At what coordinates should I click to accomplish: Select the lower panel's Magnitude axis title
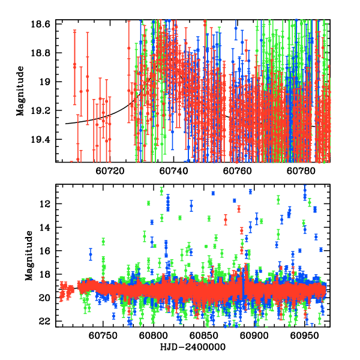pyautogui.click(x=28, y=256)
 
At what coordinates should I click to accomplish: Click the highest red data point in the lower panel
pyautogui.click(x=239, y=209)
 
